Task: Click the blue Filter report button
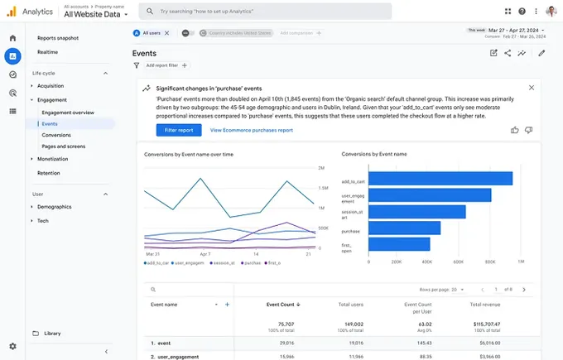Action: pyautogui.click(x=178, y=130)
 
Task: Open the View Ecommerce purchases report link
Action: pyautogui.click(x=251, y=130)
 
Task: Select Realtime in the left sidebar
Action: pyautogui.click(x=47, y=52)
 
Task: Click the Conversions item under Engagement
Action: pyautogui.click(x=55, y=135)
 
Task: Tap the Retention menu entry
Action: pyautogui.click(x=48, y=173)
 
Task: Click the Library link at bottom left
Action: pyautogui.click(x=51, y=334)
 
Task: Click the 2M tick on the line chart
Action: pyautogui.click(x=320, y=168)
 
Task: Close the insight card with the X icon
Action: pyautogui.click(x=532, y=88)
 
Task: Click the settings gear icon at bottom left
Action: pyautogui.click(x=12, y=346)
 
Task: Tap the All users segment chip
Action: pyautogui.click(x=151, y=33)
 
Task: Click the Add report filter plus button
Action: pyautogui.click(x=185, y=65)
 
